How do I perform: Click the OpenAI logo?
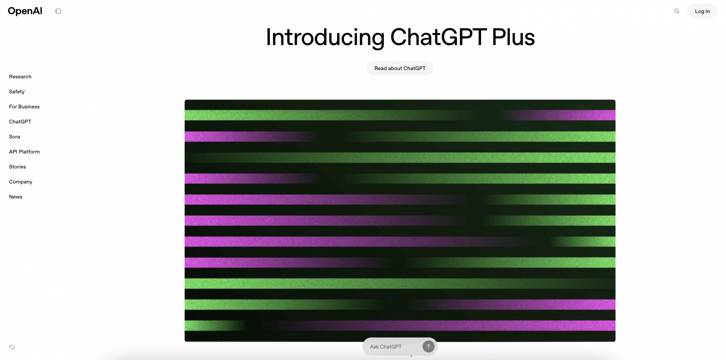pyautogui.click(x=25, y=11)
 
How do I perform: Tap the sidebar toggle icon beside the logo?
pyautogui.click(x=58, y=11)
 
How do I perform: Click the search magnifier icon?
pyautogui.click(x=677, y=11)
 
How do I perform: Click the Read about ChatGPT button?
pyautogui.click(x=400, y=68)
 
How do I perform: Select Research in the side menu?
pyautogui.click(x=20, y=77)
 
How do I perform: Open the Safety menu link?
pyautogui.click(x=17, y=92)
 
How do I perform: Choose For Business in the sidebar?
pyautogui.click(x=24, y=107)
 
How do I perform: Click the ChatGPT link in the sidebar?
pyautogui.click(x=20, y=122)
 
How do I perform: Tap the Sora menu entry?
pyautogui.click(x=14, y=137)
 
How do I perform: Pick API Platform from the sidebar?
pyautogui.click(x=24, y=152)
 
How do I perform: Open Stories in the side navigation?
pyautogui.click(x=17, y=167)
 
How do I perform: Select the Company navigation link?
pyautogui.click(x=20, y=182)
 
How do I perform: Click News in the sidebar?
pyautogui.click(x=16, y=197)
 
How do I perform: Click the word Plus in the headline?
pyautogui.click(x=513, y=37)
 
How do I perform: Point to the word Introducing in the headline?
pyautogui.click(x=325, y=38)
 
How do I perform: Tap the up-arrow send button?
pyautogui.click(x=428, y=346)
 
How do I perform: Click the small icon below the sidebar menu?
pyautogui.click(x=12, y=347)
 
